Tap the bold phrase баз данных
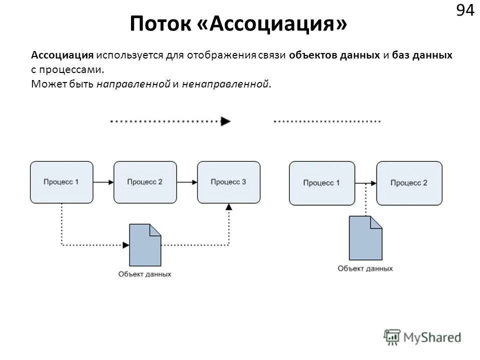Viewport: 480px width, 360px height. tap(422, 55)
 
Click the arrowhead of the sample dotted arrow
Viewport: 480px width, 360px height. tap(226, 121)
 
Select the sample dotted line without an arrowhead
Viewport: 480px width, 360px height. tap(327, 121)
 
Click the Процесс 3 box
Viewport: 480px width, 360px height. tap(228, 182)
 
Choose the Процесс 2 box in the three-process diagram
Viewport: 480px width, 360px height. tap(145, 182)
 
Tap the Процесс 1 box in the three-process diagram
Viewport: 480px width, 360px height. tap(61, 182)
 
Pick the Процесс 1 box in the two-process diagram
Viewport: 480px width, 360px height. tap(321, 183)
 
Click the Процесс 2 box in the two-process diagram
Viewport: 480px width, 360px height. tap(409, 183)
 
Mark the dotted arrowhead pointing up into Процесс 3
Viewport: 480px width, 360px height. tap(229, 206)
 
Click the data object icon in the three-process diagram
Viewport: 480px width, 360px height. tap(145, 245)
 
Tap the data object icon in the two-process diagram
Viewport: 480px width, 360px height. tap(365, 238)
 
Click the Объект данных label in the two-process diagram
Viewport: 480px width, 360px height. tap(365, 268)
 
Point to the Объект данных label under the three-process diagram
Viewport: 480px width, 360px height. tap(145, 274)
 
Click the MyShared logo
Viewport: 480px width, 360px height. tap(422, 336)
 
